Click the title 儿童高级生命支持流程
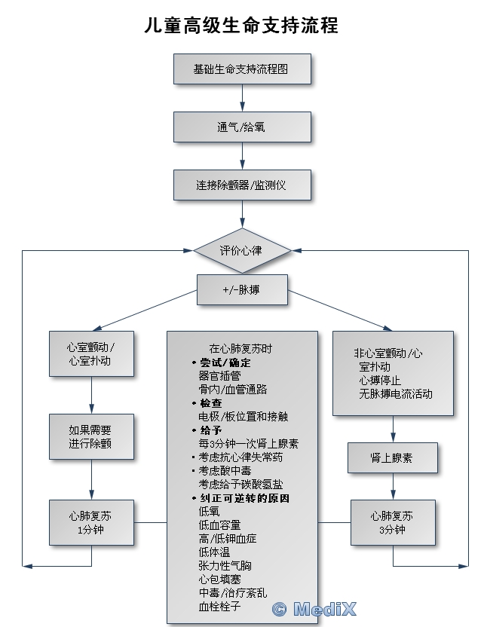[x=241, y=25]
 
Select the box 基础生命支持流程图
[x=241, y=69]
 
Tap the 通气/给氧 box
[x=241, y=127]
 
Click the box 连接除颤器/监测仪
[x=241, y=185]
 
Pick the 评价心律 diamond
[x=241, y=249]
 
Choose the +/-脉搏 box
[x=241, y=289]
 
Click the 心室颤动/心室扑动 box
[x=91, y=354]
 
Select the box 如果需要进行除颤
[x=91, y=436]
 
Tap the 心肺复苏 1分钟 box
[x=91, y=522]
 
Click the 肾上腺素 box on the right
[x=392, y=457]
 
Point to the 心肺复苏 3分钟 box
[x=392, y=522]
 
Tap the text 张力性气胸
[x=225, y=566]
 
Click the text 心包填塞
[x=219, y=580]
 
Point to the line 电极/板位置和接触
[x=243, y=417]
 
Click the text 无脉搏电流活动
[x=396, y=393]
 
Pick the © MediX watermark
[x=314, y=609]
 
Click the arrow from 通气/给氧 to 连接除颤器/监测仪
[x=242, y=156]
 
